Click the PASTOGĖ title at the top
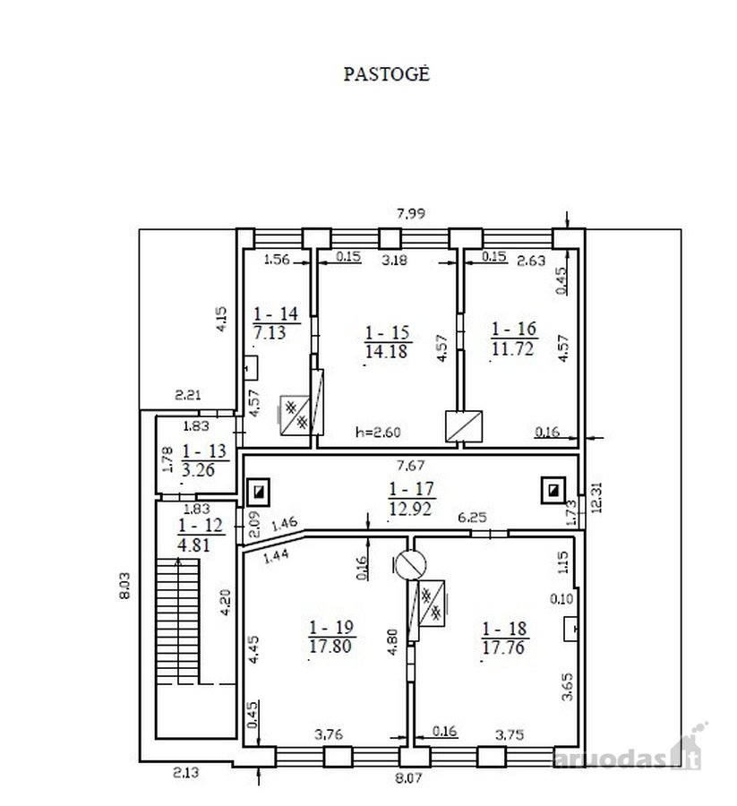387,74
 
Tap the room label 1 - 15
387,332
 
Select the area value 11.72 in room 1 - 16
513,349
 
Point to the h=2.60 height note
378,433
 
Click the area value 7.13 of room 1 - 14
270,332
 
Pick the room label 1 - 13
204,450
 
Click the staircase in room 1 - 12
177,622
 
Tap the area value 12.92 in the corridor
410,509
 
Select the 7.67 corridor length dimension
410,466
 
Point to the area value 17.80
330,646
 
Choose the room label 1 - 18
504,628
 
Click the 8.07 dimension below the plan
408,777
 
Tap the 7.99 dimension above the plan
411,213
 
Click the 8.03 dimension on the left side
124,586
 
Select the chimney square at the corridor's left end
259,493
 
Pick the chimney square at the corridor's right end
553,491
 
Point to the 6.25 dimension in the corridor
472,517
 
